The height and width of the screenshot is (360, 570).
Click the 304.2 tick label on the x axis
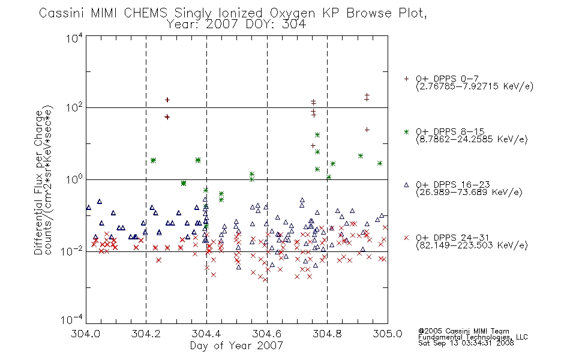146,334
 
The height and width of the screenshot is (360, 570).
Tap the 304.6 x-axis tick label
267,334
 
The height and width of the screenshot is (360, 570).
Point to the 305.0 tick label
388,334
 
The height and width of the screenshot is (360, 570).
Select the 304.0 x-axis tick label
85,334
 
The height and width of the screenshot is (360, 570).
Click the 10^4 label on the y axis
74,38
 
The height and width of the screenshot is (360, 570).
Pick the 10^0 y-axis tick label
74,179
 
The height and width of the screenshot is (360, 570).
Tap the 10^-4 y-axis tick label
72,319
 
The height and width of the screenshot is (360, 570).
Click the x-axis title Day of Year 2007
236,346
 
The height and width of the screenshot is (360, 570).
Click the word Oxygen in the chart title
293,13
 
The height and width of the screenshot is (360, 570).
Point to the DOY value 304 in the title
294,25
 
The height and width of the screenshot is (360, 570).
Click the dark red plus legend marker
406,79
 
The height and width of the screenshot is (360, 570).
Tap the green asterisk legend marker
406,132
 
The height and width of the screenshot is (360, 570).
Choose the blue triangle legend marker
406,185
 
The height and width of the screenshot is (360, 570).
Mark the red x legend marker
406,238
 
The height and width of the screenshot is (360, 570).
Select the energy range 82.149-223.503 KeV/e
472,245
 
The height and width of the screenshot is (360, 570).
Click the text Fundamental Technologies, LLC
473,337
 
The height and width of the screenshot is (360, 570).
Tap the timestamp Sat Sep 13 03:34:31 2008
466,343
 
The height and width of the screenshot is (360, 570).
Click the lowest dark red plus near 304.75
313,146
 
